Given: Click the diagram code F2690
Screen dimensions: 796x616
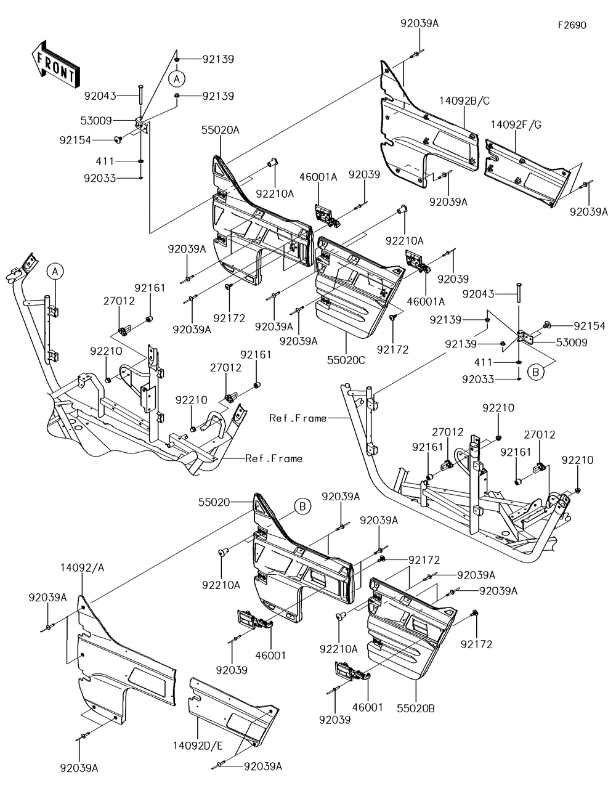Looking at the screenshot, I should (572, 26).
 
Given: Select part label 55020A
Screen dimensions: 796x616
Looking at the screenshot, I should (220, 131).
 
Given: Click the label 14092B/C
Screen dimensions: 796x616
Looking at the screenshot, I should (464, 100).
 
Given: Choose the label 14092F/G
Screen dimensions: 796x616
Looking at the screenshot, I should (516, 125).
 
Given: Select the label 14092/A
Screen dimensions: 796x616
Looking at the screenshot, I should (83, 567).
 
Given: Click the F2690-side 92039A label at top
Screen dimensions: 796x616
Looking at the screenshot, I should (419, 24).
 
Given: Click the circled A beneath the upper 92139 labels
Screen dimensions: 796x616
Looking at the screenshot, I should (176, 78).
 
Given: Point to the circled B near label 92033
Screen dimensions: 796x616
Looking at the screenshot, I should (537, 372).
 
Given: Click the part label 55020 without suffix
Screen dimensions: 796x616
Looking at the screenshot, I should (214, 503).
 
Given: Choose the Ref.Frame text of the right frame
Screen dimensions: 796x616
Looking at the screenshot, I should (298, 418).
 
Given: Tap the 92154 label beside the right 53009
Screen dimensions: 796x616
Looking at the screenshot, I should (590, 326).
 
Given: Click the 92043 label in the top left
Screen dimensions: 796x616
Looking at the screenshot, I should (100, 96).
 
